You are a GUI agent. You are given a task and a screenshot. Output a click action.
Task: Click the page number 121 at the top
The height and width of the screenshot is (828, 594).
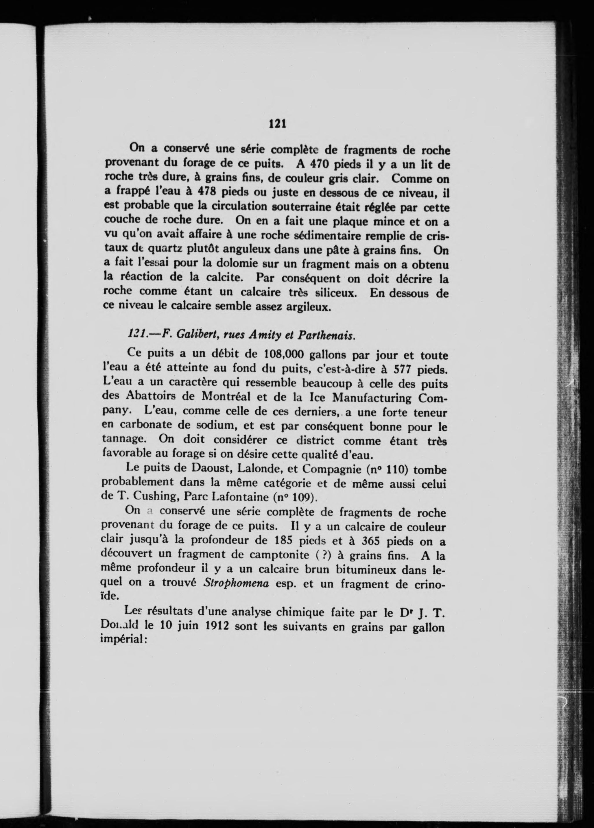[x=277, y=124]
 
